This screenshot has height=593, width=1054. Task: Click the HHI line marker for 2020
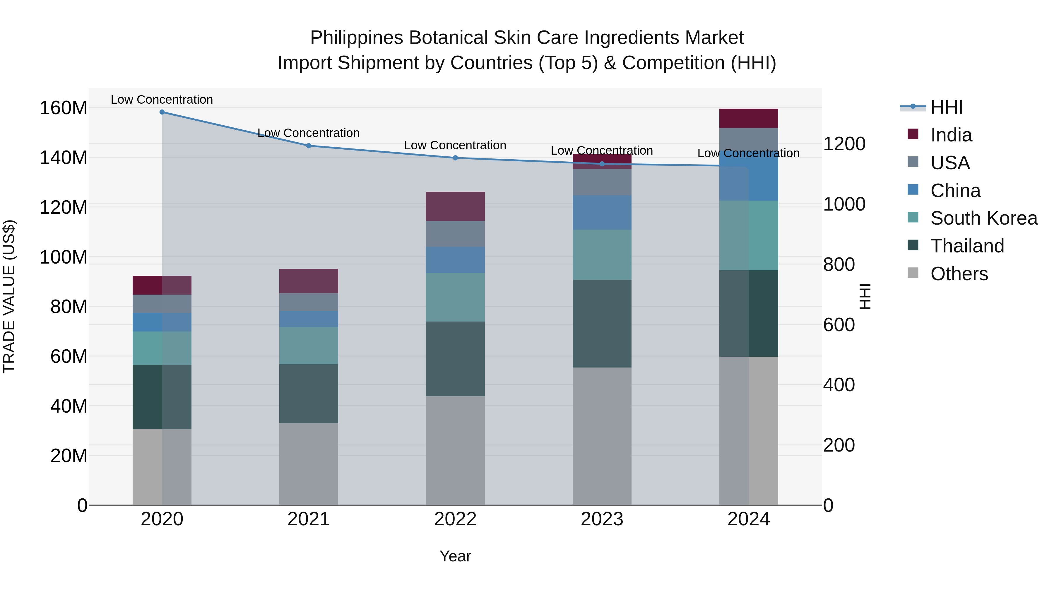162,112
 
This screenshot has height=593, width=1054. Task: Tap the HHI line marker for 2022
455,158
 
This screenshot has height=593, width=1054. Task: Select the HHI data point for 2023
602,164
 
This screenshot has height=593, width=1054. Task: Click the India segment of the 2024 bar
748,118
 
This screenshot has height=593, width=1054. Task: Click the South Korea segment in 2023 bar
602,254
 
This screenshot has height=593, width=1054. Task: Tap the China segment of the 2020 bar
162,322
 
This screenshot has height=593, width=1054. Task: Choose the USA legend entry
950,163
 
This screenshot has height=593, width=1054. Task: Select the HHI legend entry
946,107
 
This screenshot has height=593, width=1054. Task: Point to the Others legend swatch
913,273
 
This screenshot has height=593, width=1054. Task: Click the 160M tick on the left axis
64,108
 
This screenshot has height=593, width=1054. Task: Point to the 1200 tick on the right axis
844,144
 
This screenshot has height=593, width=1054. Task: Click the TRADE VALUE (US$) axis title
9,296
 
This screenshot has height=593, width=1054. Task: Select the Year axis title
455,557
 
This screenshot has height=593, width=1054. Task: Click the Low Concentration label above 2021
309,133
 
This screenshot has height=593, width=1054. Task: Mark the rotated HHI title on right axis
865,296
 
